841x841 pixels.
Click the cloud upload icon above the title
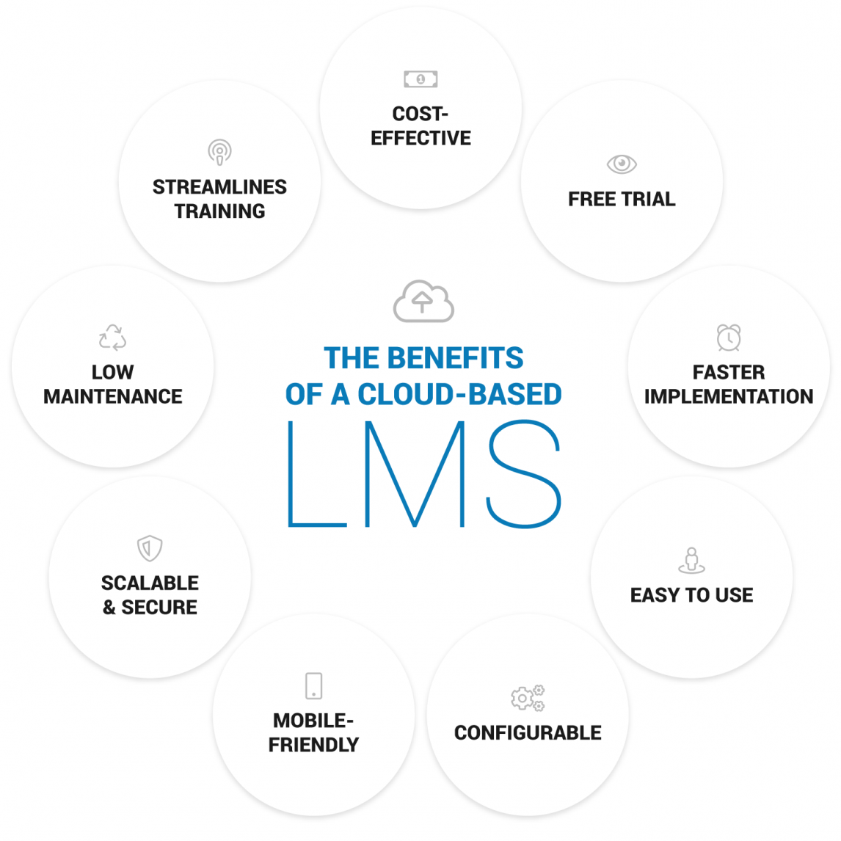point(423,301)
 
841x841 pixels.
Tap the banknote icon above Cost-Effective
point(420,79)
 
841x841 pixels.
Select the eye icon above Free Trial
point(622,164)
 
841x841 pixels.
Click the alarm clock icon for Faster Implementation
point(729,338)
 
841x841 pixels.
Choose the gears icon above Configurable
point(528,698)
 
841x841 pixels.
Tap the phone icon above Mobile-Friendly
point(313,685)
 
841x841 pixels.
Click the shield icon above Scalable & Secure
point(150,548)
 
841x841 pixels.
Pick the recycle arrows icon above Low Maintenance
point(112,338)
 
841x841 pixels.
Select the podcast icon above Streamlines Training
point(219,152)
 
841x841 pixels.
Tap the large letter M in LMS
point(415,474)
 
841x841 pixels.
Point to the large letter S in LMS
point(524,474)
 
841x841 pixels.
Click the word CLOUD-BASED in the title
point(459,395)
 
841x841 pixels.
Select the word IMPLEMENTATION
point(729,396)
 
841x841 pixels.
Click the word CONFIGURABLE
point(528,732)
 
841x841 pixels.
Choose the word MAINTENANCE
point(113,396)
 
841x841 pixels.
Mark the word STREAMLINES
point(219,187)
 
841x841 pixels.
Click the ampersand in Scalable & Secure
point(109,608)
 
